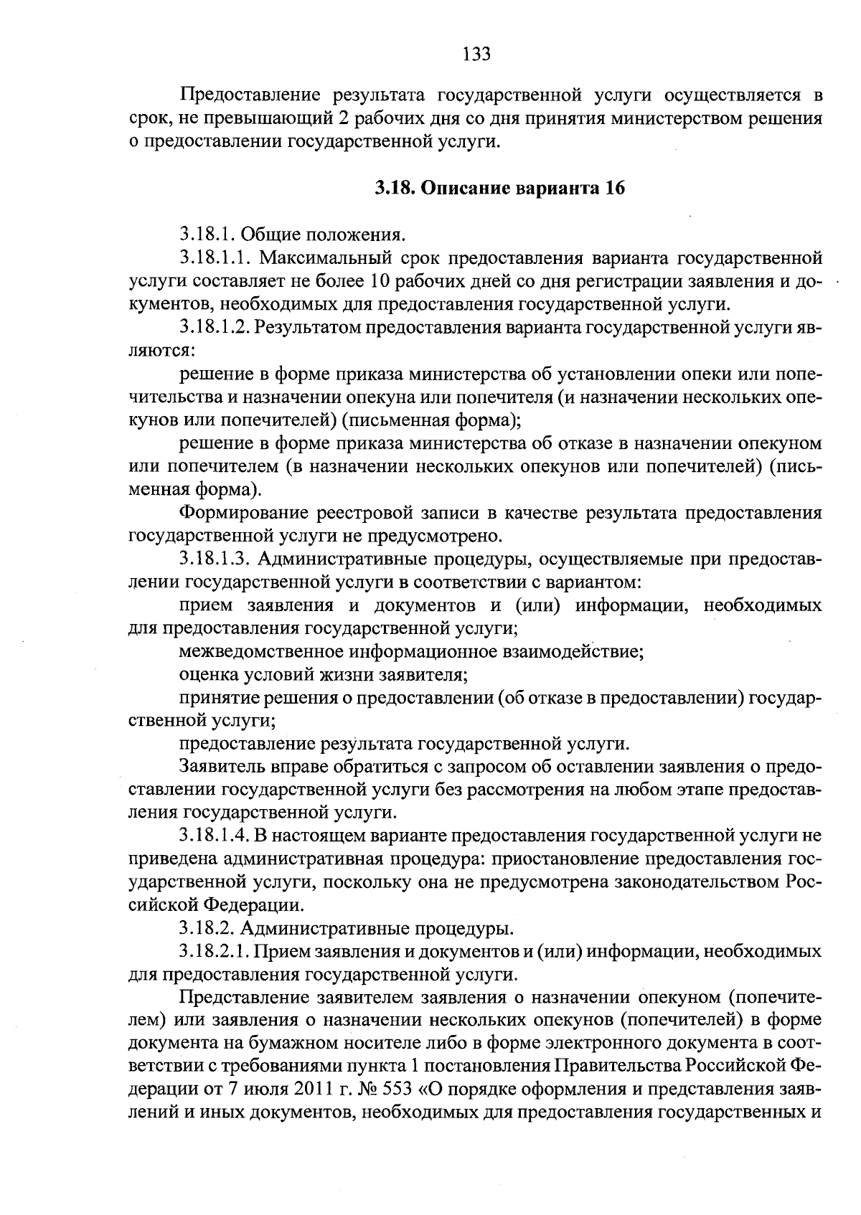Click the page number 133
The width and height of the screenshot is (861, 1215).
click(x=476, y=54)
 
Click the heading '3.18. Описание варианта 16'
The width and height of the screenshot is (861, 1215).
click(x=500, y=189)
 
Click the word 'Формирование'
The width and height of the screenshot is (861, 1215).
click(x=241, y=513)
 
